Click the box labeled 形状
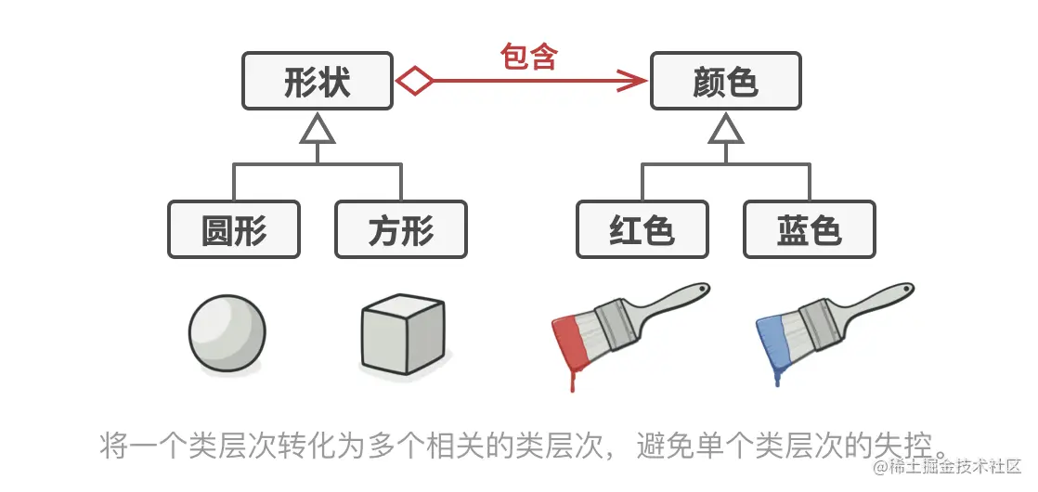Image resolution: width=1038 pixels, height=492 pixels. tap(317, 82)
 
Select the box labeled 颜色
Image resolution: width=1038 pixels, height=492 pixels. tap(725, 82)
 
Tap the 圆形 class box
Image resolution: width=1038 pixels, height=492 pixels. tap(234, 229)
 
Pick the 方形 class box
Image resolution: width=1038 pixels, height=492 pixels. tap(400, 229)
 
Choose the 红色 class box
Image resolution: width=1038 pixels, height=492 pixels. tap(642, 229)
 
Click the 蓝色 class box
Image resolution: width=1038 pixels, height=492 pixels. tap(809, 229)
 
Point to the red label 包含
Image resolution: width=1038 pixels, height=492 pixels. tap(528, 57)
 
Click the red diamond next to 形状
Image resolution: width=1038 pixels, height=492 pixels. tap(414, 82)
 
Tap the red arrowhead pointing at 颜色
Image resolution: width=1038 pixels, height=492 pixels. tap(633, 82)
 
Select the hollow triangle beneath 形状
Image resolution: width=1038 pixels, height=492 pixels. tap(317, 131)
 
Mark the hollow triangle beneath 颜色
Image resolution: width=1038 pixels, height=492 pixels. tap(725, 131)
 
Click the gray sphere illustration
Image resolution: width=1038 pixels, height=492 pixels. tap(227, 333)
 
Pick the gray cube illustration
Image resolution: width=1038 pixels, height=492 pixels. tap(401, 333)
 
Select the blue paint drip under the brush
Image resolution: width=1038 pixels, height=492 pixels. tap(779, 376)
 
